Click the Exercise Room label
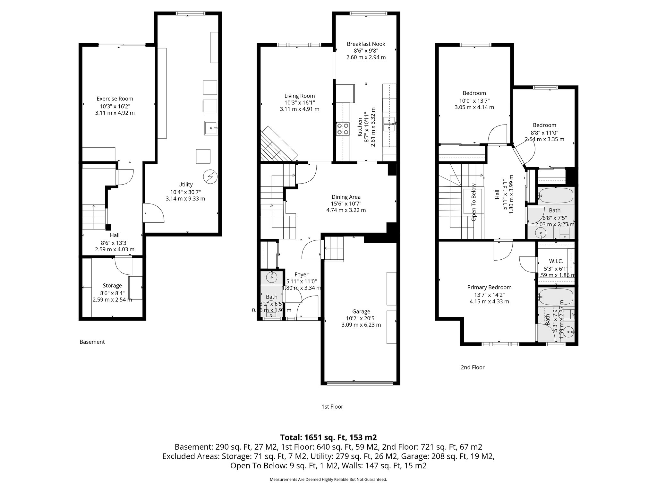115,99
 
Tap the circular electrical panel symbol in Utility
210,176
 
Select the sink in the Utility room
211,128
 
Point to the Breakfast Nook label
366,44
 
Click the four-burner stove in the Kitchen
343,129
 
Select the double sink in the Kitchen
389,125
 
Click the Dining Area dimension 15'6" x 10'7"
346,203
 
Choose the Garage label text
361,311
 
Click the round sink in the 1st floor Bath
272,276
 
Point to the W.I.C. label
556,261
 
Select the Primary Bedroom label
489,288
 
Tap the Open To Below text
474,202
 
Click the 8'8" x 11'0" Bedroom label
544,125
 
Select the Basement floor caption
92,342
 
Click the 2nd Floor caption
472,367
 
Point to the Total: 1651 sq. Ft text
328,437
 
